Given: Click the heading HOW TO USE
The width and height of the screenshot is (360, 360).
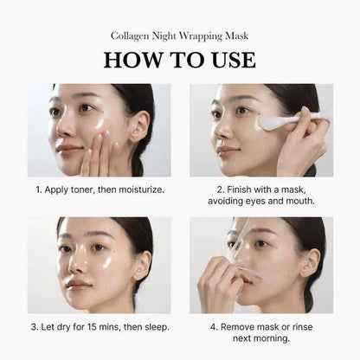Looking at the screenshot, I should tap(179, 59).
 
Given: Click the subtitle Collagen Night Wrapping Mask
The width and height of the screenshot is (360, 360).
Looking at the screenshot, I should tap(179, 35).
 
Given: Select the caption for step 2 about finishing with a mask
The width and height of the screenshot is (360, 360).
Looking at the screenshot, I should tap(260, 194).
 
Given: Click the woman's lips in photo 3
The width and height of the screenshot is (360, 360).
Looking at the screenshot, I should tap(79, 284).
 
